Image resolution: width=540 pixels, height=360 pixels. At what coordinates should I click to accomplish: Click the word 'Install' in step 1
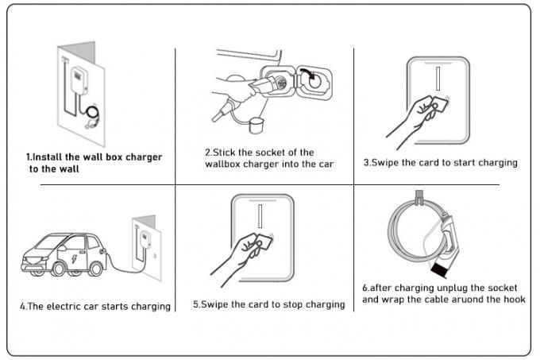[47, 157]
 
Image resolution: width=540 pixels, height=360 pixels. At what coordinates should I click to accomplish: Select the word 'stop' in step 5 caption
[283, 304]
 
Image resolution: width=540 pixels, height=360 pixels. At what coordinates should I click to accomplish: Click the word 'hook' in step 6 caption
[505, 300]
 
